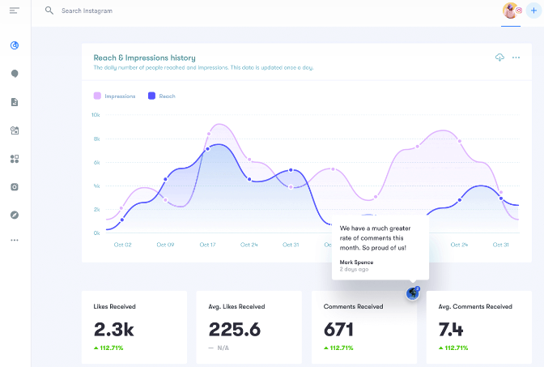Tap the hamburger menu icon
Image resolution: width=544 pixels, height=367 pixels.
(x=14, y=11)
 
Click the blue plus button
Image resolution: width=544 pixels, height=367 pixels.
(x=533, y=11)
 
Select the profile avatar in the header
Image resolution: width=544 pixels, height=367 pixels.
(x=510, y=11)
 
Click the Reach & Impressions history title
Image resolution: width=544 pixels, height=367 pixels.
(x=144, y=58)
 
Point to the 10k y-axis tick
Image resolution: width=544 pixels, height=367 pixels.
(x=95, y=115)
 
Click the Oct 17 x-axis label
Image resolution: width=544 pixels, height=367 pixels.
(x=207, y=245)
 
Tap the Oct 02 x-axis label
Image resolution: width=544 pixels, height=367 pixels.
(x=122, y=245)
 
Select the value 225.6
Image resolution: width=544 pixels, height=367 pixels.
(x=235, y=329)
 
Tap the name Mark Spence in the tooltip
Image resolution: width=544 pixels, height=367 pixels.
(x=357, y=262)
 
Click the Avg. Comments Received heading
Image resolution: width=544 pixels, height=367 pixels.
(x=475, y=307)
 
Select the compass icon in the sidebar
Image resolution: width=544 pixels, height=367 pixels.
(x=15, y=215)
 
